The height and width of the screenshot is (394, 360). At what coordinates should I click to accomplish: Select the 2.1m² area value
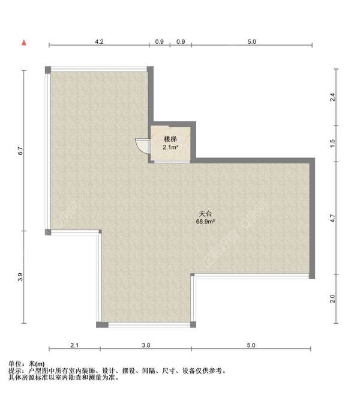[x=170, y=146]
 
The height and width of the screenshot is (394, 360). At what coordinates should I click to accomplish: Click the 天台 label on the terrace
[x=206, y=214]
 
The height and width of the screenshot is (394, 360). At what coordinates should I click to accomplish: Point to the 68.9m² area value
[x=206, y=222]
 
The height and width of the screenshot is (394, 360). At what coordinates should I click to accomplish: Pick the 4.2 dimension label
[x=100, y=41]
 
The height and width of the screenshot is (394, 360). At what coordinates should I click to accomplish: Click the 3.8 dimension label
[x=146, y=345]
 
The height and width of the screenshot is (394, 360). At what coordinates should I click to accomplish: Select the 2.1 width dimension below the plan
[x=74, y=345]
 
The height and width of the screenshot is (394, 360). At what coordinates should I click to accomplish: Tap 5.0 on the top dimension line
[x=251, y=41]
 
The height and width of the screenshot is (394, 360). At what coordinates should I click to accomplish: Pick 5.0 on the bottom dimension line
[x=251, y=345]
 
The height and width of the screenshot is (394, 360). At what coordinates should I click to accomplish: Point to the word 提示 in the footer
[x=16, y=371]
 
